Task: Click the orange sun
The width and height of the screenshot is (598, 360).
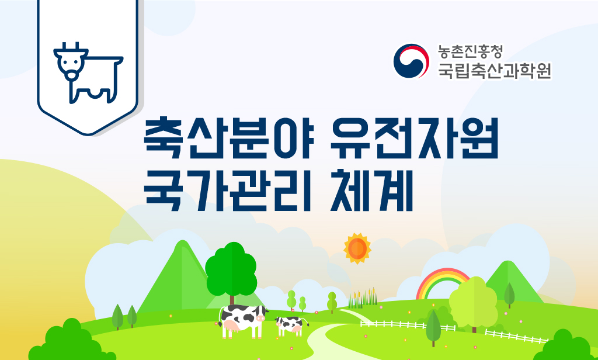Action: tap(357, 248)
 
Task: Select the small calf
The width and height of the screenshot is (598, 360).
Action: tap(291, 326)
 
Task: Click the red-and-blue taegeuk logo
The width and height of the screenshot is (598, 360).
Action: tap(411, 61)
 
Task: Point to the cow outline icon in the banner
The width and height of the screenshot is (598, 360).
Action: tap(88, 73)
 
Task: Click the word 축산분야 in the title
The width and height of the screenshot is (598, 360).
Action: tap(229, 138)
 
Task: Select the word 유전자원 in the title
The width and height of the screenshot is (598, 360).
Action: tap(415, 138)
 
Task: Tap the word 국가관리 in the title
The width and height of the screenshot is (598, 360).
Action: tap(228, 191)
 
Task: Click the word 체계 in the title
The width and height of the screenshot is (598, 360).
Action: tap(372, 191)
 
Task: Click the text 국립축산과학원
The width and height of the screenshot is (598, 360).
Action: tap(495, 70)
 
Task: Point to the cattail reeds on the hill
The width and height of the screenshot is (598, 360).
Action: tap(362, 298)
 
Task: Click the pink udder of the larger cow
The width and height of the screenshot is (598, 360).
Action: tap(231, 326)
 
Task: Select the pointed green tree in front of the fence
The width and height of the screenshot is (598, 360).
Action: tap(433, 327)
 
